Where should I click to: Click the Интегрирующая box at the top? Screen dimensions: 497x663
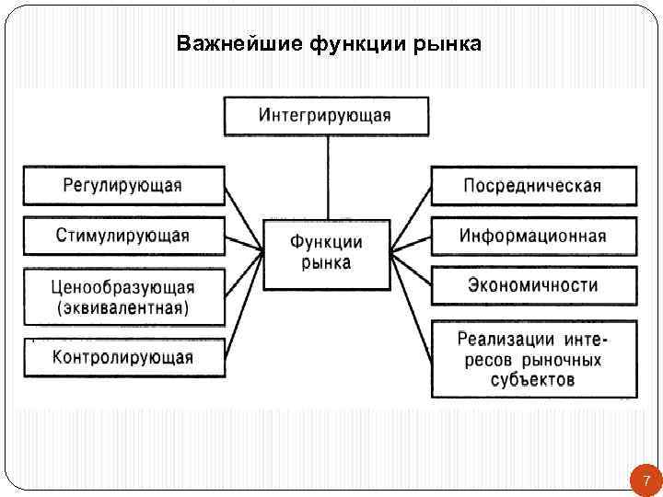click(x=325, y=116)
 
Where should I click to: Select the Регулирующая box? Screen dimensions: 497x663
click(x=122, y=185)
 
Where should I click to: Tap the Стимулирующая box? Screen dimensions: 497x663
click(x=122, y=236)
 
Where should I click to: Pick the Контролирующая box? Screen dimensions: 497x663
click(x=122, y=357)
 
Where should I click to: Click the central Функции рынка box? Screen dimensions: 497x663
click(x=326, y=253)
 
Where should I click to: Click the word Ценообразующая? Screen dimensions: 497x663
click(x=122, y=288)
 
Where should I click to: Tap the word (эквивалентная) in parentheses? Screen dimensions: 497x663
click(x=122, y=308)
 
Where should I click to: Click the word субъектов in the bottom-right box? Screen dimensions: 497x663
click(x=532, y=379)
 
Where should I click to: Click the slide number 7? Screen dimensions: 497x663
click(x=646, y=480)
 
